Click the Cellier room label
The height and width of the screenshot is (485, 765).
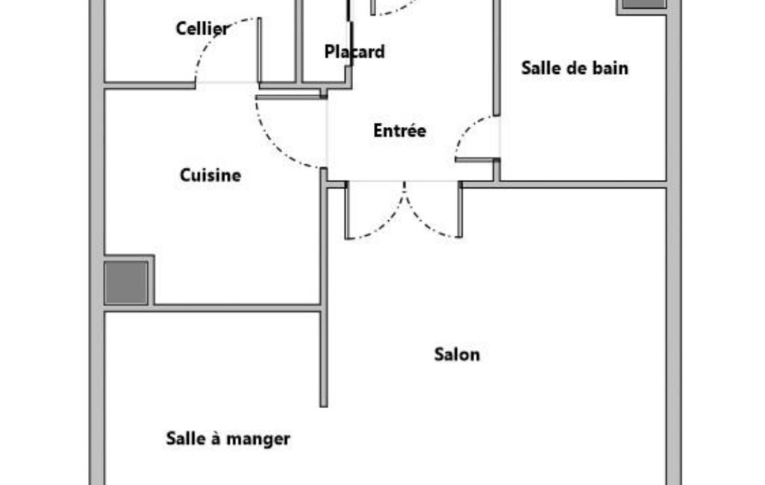[x=202, y=28]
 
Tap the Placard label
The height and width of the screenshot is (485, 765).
[x=355, y=51]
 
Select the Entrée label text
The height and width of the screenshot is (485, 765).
[x=399, y=131]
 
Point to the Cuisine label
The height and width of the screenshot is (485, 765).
[x=210, y=175]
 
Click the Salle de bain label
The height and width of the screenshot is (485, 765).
[x=575, y=68]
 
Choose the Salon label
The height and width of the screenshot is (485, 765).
[x=458, y=354]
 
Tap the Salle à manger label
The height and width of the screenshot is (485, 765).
[x=228, y=439]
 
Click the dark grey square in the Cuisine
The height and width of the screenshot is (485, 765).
[x=126, y=283]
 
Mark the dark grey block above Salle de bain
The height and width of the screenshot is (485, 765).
[x=644, y=4]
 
